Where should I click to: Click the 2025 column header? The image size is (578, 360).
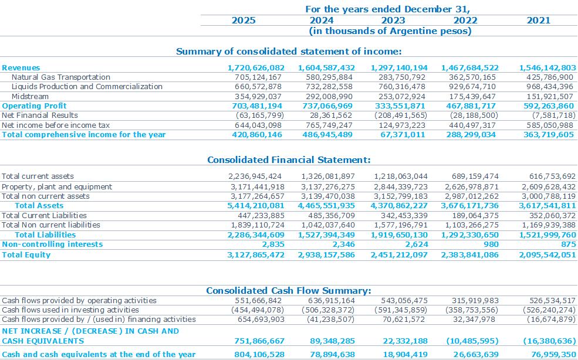pos(244,21)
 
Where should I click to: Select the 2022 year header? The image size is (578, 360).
pos(465,21)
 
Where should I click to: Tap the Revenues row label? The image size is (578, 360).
pos(21,68)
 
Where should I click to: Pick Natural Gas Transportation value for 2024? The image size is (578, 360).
pos(329,77)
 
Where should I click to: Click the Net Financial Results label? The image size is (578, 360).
pos(40,116)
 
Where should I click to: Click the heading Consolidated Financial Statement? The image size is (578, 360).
pos(289,160)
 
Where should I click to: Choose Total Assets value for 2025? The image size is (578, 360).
pos(255,206)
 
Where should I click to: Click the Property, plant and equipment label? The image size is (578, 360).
pos(57,187)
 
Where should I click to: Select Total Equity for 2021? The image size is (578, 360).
pos(547,254)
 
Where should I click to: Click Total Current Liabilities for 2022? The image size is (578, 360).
pos(475,216)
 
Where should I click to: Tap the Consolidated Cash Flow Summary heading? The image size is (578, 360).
pos(289,291)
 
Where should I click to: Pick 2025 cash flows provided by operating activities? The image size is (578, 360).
pos(258,300)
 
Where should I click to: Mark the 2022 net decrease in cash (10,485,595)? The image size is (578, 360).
pos(472,341)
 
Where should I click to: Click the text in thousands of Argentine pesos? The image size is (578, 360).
pos(390,31)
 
